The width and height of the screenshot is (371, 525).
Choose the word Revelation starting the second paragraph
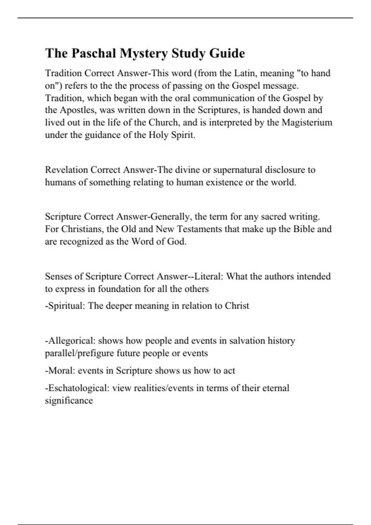point(66,170)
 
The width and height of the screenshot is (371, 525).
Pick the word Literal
point(209,276)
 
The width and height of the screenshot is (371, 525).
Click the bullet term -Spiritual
point(65,306)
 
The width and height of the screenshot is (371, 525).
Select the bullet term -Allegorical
point(70,341)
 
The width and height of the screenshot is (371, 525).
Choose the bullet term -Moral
point(60,370)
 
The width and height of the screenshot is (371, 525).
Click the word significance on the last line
point(69,401)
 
